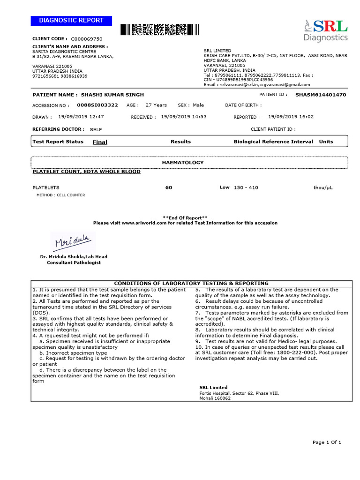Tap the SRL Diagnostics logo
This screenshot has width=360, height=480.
click(325, 30)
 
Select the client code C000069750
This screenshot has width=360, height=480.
click(87, 38)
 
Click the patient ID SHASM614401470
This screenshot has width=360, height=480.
click(321, 95)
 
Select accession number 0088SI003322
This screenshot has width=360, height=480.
click(97, 105)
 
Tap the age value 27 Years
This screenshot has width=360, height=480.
click(156, 105)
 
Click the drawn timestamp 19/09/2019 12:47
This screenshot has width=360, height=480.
click(81, 117)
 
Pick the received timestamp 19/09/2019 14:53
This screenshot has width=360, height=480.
click(184, 117)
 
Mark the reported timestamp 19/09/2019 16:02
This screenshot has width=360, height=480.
click(291, 117)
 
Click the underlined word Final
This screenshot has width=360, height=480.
click(100, 142)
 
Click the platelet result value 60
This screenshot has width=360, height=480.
click(169, 187)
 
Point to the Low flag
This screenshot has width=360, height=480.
click(225, 187)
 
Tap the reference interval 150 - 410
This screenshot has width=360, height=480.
click(246, 187)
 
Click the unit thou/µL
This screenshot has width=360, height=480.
click(323, 187)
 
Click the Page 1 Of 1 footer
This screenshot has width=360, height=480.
click(327, 442)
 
